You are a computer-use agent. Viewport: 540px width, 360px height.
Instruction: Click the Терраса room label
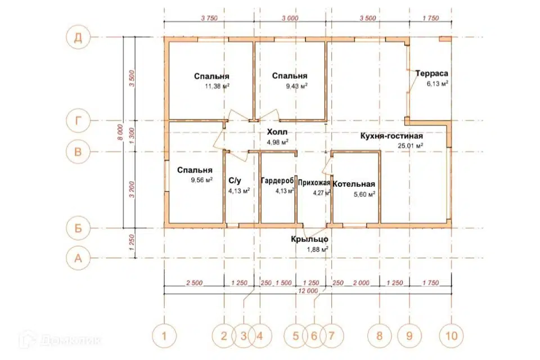tap(431, 73)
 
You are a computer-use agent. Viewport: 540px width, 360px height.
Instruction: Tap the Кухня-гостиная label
tap(391, 136)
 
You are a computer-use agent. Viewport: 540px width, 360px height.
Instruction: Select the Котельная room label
tap(354, 184)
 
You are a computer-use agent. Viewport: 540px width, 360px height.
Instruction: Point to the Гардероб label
tap(277, 181)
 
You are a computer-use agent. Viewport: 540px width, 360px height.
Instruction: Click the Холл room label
tap(277, 132)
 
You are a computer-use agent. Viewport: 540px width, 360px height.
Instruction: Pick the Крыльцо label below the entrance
tap(309, 239)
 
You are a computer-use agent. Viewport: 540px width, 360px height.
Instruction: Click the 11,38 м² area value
tap(217, 86)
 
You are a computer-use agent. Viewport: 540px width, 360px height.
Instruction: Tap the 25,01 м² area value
tap(411, 146)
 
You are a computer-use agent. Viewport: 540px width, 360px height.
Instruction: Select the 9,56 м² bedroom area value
tap(201, 180)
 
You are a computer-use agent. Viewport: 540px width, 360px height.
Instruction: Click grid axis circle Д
tap(78, 37)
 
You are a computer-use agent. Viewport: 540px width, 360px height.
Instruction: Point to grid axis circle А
tap(78, 258)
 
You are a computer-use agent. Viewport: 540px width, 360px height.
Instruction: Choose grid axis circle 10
tap(452, 336)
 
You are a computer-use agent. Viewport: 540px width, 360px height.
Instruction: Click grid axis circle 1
tap(164, 336)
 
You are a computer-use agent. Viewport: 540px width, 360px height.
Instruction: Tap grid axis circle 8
tap(380, 336)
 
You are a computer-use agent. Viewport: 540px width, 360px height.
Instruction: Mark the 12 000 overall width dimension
tap(308, 291)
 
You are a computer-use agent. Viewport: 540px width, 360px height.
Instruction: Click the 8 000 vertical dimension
tap(120, 132)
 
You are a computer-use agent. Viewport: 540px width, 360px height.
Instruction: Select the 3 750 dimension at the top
tap(209, 18)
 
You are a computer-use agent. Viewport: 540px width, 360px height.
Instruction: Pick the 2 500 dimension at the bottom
tap(194, 283)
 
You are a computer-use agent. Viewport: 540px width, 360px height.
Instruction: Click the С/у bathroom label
tap(235, 181)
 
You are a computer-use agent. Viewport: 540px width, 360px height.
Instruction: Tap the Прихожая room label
tap(314, 183)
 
